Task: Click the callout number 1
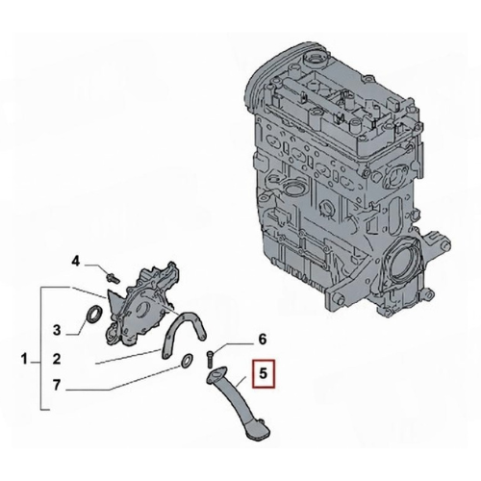tap(25, 359)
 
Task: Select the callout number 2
tap(57, 359)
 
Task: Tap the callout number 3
tap(57, 330)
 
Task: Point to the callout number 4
tap(75, 262)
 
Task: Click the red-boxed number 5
tap(264, 374)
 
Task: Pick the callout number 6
tap(263, 340)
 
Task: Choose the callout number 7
tap(57, 386)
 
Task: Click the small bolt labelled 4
tap(113, 278)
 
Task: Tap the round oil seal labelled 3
tap(94, 316)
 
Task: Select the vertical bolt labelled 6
tap(210, 359)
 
